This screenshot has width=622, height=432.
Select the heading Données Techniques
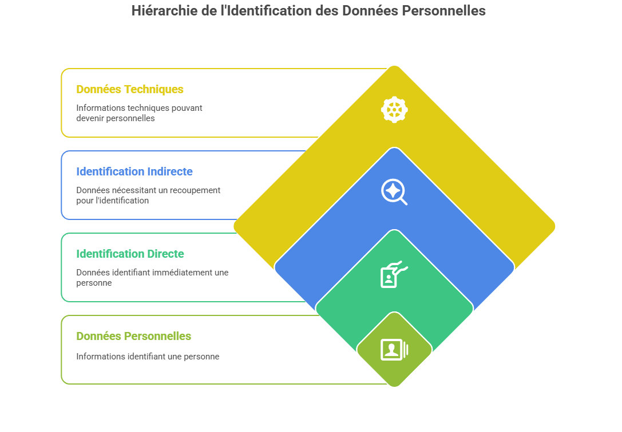pyautogui.click(x=130, y=89)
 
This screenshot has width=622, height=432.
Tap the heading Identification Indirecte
pyautogui.click(x=134, y=171)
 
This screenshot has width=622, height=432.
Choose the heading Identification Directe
pyautogui.click(x=130, y=254)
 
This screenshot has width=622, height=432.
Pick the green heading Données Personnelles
pyautogui.click(x=134, y=336)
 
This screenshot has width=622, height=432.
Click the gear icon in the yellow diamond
pyautogui.click(x=394, y=110)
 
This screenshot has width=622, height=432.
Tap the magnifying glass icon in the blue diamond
pyautogui.click(x=394, y=192)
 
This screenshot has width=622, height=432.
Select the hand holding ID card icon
pyautogui.click(x=394, y=274)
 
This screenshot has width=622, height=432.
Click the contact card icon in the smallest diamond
pyautogui.click(x=394, y=350)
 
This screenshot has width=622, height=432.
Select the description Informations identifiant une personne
pyautogui.click(x=148, y=357)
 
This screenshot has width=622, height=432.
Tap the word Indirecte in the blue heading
pyautogui.click(x=170, y=171)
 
